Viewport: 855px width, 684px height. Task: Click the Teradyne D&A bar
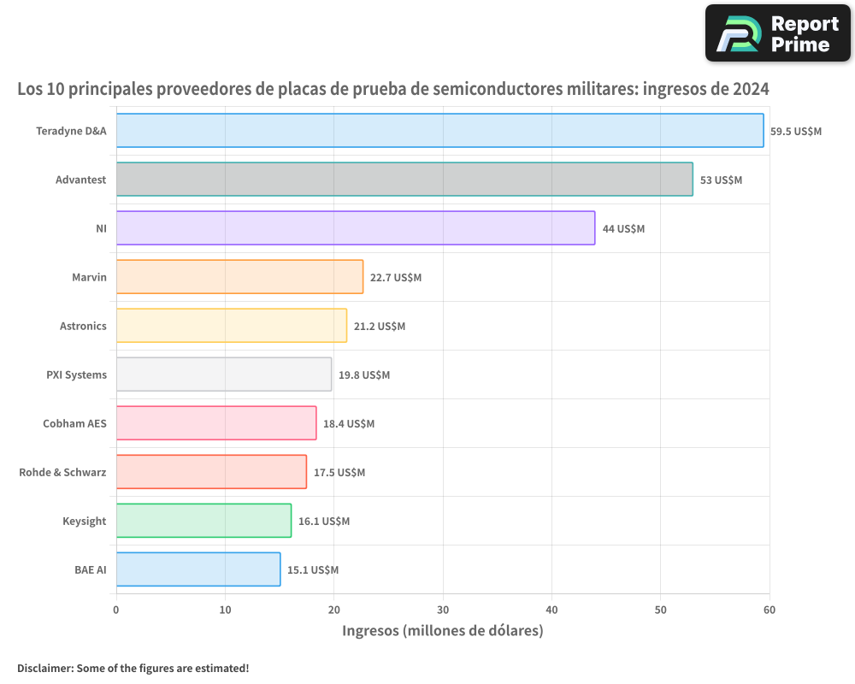pyautogui.click(x=439, y=130)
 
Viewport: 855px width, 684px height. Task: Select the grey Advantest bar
pyautogui.click(x=404, y=179)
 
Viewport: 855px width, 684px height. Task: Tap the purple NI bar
pyautogui.click(x=356, y=227)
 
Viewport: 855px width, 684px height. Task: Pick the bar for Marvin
pyautogui.click(x=239, y=276)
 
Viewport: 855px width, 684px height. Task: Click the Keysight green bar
pyautogui.click(x=203, y=521)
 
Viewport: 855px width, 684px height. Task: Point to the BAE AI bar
pyautogui.click(x=198, y=569)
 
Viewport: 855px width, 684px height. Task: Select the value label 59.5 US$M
pyautogui.click(x=795, y=132)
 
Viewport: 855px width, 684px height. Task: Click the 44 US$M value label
pyautogui.click(x=623, y=229)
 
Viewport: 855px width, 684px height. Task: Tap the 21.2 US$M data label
pyautogui.click(x=379, y=327)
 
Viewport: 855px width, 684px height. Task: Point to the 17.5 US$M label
pyautogui.click(x=339, y=473)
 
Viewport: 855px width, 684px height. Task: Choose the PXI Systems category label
pyautogui.click(x=76, y=374)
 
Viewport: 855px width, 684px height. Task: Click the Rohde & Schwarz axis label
pyautogui.click(x=62, y=472)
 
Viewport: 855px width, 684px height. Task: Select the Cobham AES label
pyautogui.click(x=74, y=423)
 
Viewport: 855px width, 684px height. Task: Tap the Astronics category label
pyautogui.click(x=83, y=326)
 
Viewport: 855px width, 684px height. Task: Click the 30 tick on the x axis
pyautogui.click(x=443, y=610)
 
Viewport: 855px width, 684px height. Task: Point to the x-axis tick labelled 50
pyautogui.click(x=661, y=610)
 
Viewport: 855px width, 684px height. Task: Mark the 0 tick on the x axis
pyautogui.click(x=116, y=610)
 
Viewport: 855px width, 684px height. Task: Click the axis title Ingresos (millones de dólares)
pyautogui.click(x=443, y=631)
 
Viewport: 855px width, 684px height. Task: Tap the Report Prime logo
pyautogui.click(x=778, y=33)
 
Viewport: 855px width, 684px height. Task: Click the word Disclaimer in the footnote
pyautogui.click(x=44, y=668)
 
